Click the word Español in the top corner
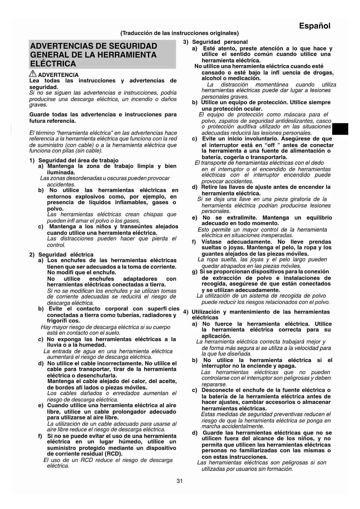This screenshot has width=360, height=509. pos(314,26)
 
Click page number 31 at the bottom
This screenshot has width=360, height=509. pos(180,481)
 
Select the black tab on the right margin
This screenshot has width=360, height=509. pos(340,129)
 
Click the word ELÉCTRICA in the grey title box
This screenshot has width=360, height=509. pos(53,64)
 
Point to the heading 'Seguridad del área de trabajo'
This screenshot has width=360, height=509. pos(78,160)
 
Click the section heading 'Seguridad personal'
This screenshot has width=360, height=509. pos(220,42)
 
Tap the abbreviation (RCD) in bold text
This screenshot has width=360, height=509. pos(113,454)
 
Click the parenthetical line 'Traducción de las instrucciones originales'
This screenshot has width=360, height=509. pos(180,33)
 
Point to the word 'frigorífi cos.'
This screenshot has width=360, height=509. pos(64,321)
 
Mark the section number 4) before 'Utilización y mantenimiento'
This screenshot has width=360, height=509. pos(186,312)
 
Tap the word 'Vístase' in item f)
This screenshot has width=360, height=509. pos(211,242)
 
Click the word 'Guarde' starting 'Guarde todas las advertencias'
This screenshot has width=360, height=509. pos(39,115)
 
